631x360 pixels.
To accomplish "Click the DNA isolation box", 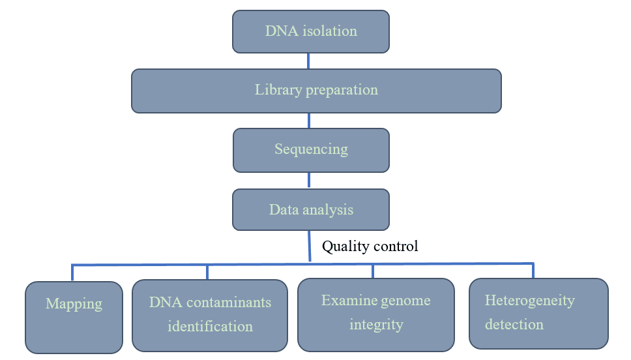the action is click(x=311, y=31).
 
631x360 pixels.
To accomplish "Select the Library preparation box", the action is click(x=316, y=91).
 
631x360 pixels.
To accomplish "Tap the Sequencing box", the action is click(x=311, y=150).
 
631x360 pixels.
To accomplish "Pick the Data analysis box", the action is click(x=311, y=209).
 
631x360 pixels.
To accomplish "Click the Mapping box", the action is click(x=74, y=318).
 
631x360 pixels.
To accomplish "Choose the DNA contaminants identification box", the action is click(x=210, y=315).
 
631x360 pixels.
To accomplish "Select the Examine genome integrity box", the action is click(x=376, y=314).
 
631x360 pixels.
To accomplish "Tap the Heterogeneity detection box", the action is click(x=538, y=313).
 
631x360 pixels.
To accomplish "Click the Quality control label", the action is click(x=370, y=246).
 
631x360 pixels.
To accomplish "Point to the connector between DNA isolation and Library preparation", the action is click(x=308, y=61).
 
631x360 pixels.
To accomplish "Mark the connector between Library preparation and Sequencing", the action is click(x=309, y=121).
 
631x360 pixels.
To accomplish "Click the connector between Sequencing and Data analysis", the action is click(x=309, y=181).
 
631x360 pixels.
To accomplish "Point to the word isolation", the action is click(x=330, y=31).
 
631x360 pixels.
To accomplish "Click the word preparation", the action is click(x=342, y=90).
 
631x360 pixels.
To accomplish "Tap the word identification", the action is click(x=210, y=326).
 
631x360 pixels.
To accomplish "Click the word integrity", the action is click(x=376, y=325).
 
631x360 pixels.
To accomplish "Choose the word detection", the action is click(x=514, y=324).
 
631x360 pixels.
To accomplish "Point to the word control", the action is click(x=395, y=246).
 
